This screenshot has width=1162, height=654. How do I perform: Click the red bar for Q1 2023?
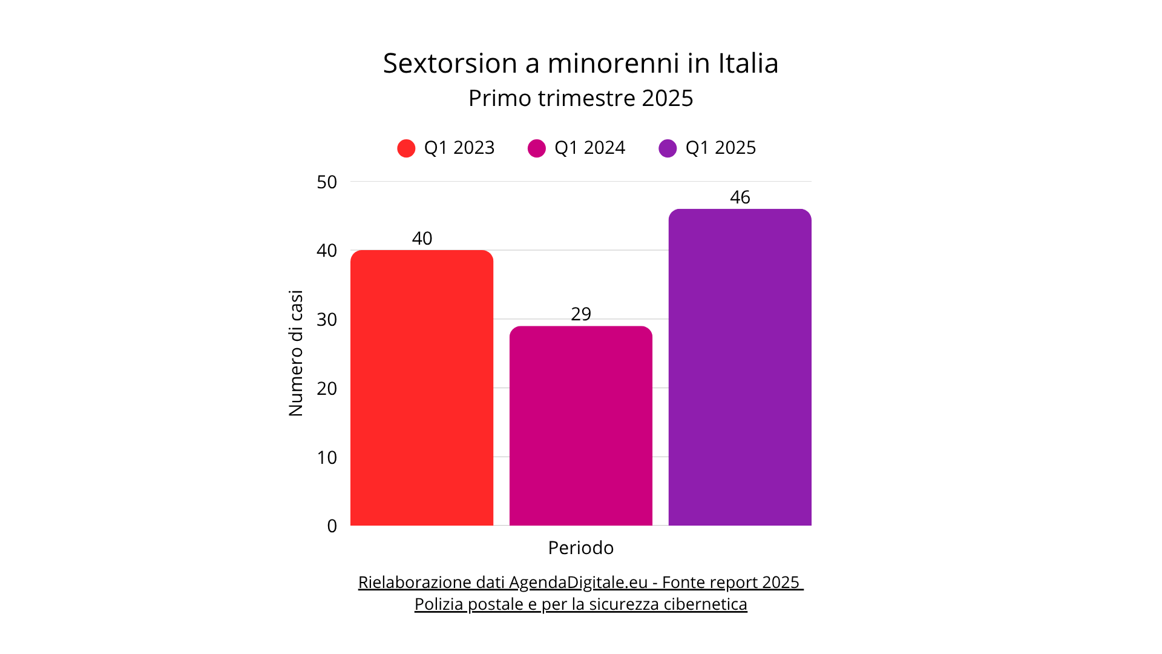tap(422, 388)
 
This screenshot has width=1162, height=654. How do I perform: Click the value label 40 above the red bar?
tap(422, 239)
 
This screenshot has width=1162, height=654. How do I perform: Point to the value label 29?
tap(580, 314)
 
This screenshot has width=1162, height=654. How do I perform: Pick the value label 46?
tap(740, 197)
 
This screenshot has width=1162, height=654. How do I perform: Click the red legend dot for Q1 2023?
tap(406, 148)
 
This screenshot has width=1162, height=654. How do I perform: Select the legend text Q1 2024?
tap(589, 148)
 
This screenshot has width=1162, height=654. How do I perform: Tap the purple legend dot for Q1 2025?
tap(668, 148)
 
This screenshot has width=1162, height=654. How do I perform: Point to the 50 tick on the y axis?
tap(327, 182)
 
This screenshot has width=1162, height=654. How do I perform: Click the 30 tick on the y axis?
tap(327, 320)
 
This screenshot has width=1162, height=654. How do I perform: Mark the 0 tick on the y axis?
tap(332, 526)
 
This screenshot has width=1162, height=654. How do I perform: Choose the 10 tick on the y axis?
tap(327, 457)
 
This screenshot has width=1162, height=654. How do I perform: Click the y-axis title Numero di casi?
tap(295, 354)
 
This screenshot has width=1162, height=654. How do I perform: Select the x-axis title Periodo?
tap(580, 548)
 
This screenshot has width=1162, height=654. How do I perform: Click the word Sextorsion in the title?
tap(450, 64)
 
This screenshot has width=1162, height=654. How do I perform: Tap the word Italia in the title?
tap(748, 64)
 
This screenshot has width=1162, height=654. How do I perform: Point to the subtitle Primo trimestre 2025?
tap(580, 98)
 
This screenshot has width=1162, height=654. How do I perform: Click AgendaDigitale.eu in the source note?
tap(578, 583)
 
